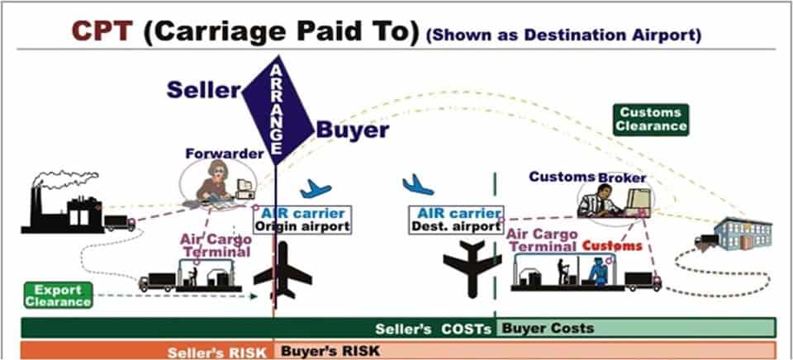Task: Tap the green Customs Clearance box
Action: pos(652,119)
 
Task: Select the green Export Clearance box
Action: pos(57,296)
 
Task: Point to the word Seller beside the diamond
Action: pos(204,89)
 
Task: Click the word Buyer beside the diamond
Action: pos(353,130)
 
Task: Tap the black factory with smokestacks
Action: pos(62,206)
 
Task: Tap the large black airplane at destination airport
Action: pos(472,263)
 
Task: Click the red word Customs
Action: pos(612,246)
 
